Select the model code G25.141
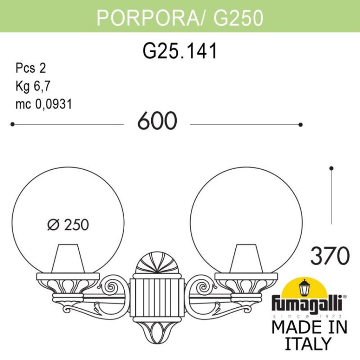[x=180, y=51]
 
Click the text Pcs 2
[x=30, y=68]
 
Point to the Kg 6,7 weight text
[x=33, y=86]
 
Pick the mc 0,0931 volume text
[x=44, y=104]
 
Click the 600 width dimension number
[x=157, y=121]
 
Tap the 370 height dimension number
[x=330, y=256]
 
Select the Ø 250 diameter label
[x=69, y=225]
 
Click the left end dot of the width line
[x=12, y=125]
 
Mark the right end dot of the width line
[x=301, y=125]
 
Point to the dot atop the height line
[x=331, y=168]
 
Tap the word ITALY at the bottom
[x=309, y=344]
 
